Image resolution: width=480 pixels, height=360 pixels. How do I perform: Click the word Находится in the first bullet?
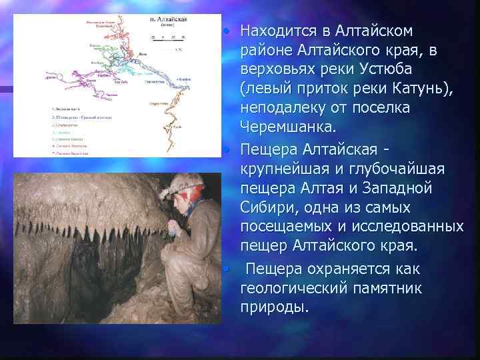pyautogui.click(x=277, y=31)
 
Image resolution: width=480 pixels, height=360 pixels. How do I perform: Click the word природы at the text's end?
pyautogui.click(x=274, y=307)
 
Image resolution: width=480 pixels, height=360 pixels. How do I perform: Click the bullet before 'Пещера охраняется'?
pyautogui.click(x=227, y=269)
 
